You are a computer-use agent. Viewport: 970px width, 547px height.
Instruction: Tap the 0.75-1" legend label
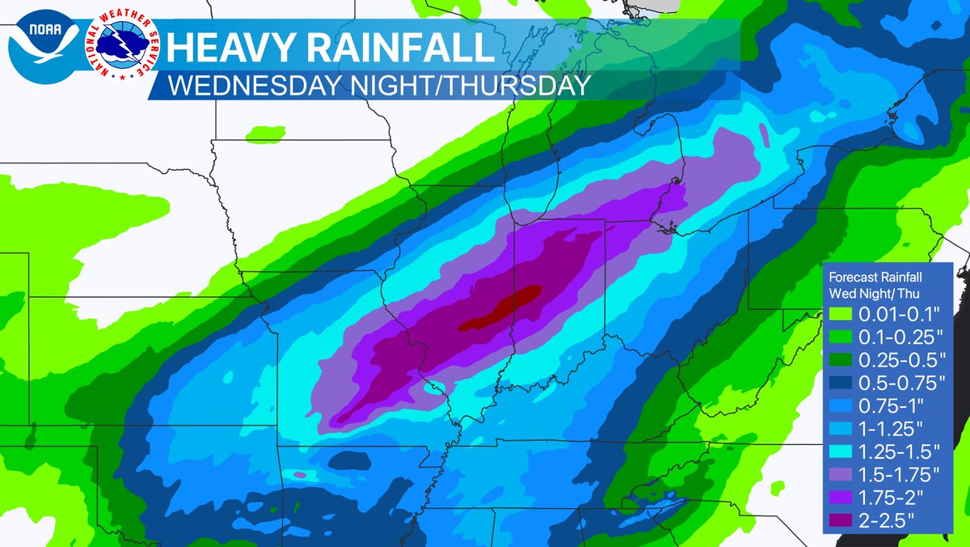click(x=886, y=401)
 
